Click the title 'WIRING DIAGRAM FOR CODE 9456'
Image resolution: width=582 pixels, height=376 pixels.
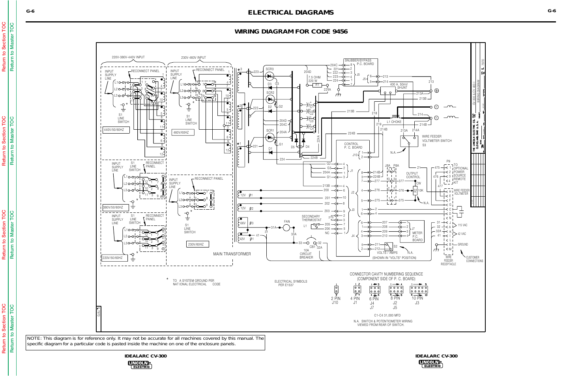click(291, 32)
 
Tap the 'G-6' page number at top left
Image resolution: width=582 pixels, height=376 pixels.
click(30, 11)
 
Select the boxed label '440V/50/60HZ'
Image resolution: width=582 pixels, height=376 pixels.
click(116, 130)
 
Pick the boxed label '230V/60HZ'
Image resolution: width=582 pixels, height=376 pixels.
click(197, 244)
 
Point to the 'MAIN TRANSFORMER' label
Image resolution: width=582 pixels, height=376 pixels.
click(232, 254)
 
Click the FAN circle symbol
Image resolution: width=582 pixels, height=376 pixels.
click(286, 228)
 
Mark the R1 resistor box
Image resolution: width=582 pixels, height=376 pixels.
click(317, 85)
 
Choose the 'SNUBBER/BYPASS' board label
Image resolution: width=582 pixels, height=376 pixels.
click(358, 61)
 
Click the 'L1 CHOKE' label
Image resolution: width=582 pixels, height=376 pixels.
click(394, 122)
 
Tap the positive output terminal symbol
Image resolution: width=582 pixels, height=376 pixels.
click(436, 91)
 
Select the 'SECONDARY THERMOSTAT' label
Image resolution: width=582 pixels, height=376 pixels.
click(311, 218)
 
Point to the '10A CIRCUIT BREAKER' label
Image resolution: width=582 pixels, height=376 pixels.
click(306, 254)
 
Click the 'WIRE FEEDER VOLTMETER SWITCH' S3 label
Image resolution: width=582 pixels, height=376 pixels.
click(436, 141)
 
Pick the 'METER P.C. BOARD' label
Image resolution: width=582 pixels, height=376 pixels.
click(417, 236)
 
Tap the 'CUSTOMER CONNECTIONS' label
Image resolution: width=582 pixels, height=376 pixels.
click(474, 259)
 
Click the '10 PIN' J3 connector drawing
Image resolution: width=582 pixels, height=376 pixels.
click(418, 290)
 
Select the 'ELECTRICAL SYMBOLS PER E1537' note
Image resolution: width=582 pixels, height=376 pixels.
click(290, 283)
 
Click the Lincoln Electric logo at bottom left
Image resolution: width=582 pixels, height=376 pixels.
click(140, 365)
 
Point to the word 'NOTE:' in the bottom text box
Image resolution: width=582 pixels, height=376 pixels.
click(34, 338)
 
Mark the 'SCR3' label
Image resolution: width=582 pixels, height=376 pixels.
click(269, 69)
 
